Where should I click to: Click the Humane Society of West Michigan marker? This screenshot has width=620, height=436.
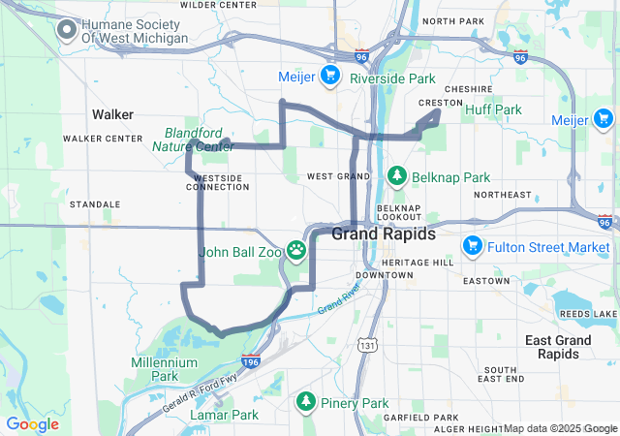(x=67, y=30)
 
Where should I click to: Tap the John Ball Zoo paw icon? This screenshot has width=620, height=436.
(x=296, y=252)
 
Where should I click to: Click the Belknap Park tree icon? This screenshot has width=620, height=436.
(x=396, y=176)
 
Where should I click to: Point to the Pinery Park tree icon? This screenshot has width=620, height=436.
(x=306, y=401)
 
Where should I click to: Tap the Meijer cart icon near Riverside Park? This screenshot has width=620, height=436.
(x=330, y=75)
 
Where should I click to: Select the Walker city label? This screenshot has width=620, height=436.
(x=112, y=114)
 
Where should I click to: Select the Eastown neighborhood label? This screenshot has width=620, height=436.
(x=485, y=281)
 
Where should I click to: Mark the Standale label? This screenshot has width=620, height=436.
(x=95, y=204)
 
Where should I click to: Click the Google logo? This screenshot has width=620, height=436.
(x=32, y=424)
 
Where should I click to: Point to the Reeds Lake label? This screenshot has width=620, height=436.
(x=592, y=314)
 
